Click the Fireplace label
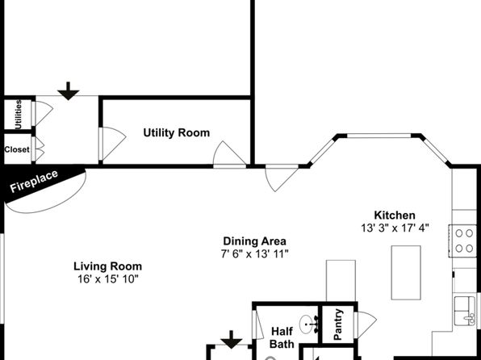point(34,181)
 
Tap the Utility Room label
point(177,133)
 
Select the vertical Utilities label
point(19,115)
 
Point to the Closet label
point(17,149)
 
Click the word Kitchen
point(395,216)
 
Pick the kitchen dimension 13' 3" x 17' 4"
point(395,228)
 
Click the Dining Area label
point(254,241)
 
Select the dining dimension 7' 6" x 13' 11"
point(254,253)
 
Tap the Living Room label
point(107,266)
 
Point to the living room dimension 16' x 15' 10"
point(107,279)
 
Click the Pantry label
point(337,324)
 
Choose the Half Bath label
point(282,337)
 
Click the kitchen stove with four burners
point(463,241)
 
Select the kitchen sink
point(465,311)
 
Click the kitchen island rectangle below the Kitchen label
point(406,273)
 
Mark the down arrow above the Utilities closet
point(69,91)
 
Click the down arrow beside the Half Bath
point(232,340)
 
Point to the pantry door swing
point(366,324)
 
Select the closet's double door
point(38,149)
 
